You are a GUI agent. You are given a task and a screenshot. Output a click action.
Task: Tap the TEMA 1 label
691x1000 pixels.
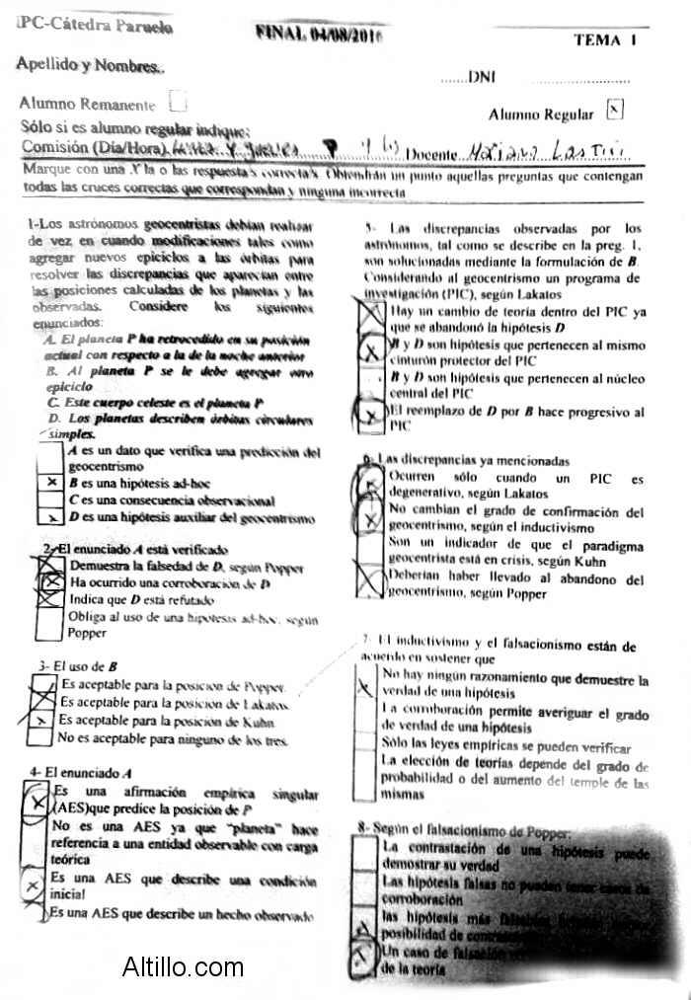(x=604, y=40)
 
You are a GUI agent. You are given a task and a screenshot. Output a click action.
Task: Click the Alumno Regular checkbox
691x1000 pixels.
(x=614, y=110)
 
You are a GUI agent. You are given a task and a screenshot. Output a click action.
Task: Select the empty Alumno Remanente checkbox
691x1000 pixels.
(x=178, y=101)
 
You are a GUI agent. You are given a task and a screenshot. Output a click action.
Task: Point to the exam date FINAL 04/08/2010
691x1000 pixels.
(x=318, y=34)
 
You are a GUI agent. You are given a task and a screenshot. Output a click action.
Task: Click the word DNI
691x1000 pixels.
(x=481, y=77)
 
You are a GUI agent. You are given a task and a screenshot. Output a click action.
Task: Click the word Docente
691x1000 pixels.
(x=431, y=154)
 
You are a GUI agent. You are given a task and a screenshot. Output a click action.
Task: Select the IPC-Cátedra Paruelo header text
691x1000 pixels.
(x=95, y=27)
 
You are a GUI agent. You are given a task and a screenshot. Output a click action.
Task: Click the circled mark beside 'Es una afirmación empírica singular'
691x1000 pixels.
(x=38, y=796)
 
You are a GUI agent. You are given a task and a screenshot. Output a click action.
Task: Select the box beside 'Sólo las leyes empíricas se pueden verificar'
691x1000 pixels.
(x=365, y=747)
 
